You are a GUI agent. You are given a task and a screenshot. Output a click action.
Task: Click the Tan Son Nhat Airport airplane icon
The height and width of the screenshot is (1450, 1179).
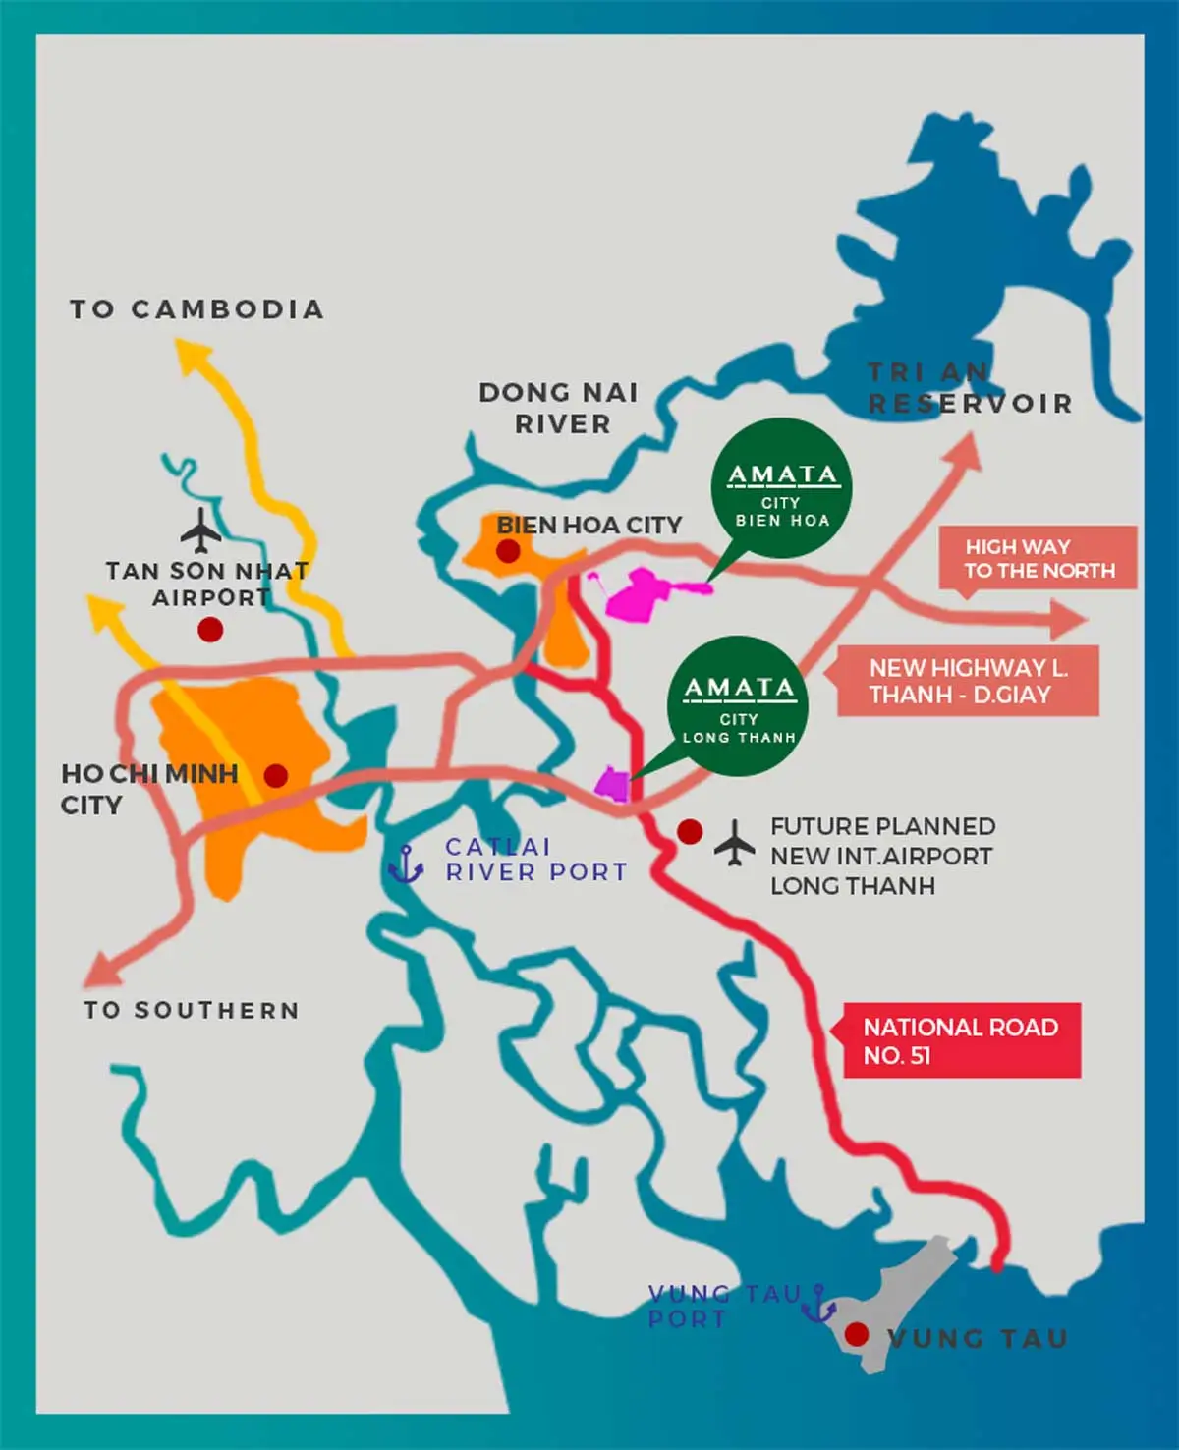point(201,530)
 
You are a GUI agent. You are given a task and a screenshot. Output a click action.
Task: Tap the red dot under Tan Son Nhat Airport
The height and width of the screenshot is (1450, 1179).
point(210,630)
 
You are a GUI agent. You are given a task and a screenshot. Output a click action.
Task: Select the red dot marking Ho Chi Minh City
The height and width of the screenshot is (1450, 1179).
point(276,776)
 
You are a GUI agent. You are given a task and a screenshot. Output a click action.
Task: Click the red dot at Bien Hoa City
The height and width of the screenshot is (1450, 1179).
point(508,551)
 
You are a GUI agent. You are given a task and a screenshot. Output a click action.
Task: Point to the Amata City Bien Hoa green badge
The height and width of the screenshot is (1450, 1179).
point(781,489)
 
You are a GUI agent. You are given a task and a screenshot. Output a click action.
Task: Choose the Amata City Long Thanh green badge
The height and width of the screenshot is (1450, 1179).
point(738,706)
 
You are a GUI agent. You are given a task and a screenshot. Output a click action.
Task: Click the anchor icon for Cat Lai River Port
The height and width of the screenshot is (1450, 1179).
point(405,864)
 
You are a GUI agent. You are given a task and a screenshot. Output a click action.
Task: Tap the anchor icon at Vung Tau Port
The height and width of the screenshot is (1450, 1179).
point(818,1305)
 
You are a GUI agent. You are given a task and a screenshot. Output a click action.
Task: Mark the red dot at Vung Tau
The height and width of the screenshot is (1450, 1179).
point(857,1334)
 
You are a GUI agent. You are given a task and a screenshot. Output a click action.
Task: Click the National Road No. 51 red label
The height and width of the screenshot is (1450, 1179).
point(961,1040)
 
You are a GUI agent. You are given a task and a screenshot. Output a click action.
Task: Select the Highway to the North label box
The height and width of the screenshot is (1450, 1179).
point(1039,558)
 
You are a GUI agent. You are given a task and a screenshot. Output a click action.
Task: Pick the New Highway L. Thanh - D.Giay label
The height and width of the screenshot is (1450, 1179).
point(967,681)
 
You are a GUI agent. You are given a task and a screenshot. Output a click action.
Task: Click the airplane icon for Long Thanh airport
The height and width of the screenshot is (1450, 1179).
point(734,844)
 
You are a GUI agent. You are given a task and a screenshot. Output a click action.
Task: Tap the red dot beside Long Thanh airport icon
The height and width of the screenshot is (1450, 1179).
point(690,832)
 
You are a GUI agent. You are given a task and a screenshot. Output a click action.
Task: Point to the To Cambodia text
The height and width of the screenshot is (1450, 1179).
point(196,309)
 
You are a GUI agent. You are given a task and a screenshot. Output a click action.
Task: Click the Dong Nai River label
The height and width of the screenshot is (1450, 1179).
point(559,408)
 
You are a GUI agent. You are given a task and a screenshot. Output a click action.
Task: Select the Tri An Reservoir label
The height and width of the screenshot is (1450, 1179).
point(969,388)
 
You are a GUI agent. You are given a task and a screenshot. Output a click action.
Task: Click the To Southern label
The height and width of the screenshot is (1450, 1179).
point(192,1010)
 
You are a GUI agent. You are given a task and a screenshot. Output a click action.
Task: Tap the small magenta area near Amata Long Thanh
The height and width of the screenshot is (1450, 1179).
point(612,784)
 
